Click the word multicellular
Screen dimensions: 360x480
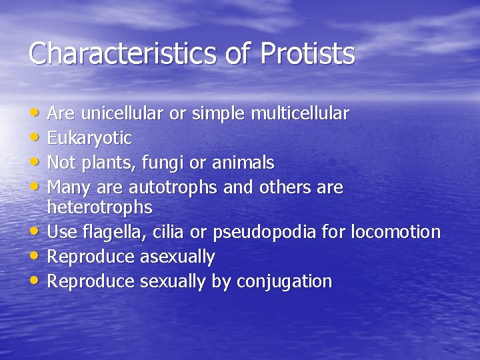tap(299, 114)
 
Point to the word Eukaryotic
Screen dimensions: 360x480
tap(89, 139)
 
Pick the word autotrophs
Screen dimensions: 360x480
tap(173, 187)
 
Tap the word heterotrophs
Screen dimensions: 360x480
tap(100, 207)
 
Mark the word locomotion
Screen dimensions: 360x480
tap(395, 232)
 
